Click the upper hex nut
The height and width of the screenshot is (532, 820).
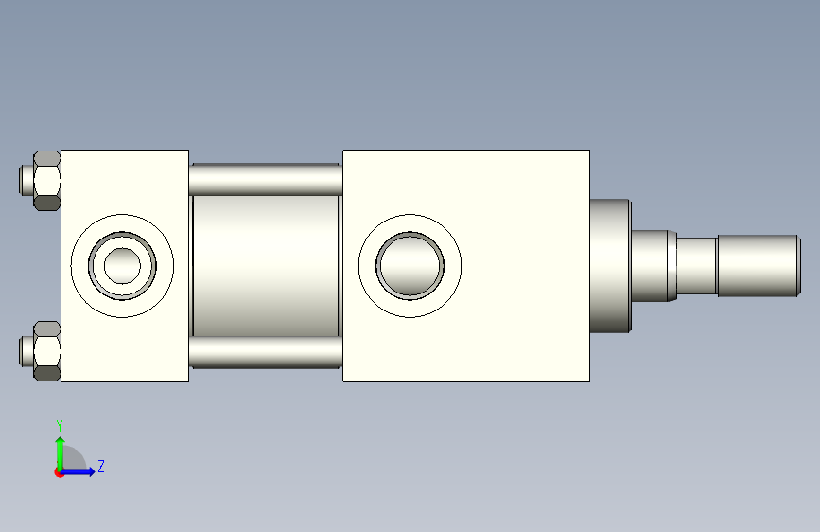coord(46,180)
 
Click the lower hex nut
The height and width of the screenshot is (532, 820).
coord(46,351)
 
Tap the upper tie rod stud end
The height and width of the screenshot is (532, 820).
coord(26,180)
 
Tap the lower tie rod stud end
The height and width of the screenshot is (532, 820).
coord(26,351)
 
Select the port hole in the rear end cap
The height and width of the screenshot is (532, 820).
coord(122,265)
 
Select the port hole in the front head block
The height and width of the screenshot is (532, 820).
coord(410,265)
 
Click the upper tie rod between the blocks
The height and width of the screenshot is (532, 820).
coord(266,179)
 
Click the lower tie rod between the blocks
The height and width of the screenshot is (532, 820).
coord(266,352)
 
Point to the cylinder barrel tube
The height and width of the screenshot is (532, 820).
coord(266,265)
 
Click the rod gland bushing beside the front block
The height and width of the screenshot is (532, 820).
coord(610,265)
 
